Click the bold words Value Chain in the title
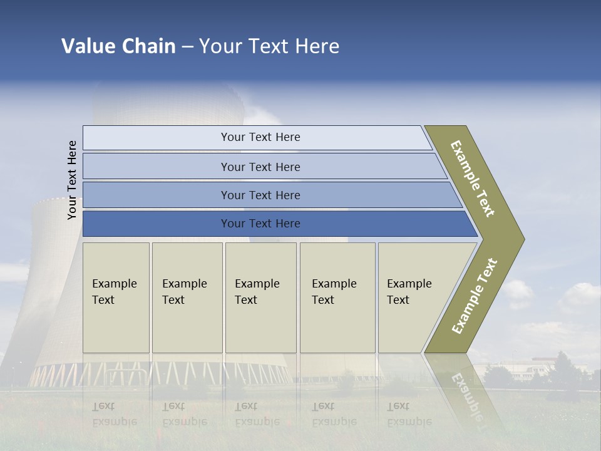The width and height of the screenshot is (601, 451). [x=118, y=46]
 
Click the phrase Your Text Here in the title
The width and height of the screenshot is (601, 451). [x=269, y=46]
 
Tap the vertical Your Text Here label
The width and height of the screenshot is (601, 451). [x=72, y=180]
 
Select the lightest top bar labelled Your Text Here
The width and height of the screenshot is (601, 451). [x=260, y=137]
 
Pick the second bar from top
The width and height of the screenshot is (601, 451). [x=260, y=167]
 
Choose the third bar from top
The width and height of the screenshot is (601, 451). [x=260, y=195]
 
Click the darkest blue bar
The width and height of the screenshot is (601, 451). [x=260, y=224]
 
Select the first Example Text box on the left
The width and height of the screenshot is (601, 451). [x=116, y=298]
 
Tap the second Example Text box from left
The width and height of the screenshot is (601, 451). [x=187, y=298]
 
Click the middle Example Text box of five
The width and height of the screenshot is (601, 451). [x=260, y=298]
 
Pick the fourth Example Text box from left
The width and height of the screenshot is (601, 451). [x=337, y=298]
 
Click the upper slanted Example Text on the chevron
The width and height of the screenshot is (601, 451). [x=473, y=179]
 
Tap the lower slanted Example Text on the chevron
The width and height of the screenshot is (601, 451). [x=474, y=296]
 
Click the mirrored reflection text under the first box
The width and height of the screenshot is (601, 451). [x=115, y=414]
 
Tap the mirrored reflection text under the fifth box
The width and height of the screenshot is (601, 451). [x=409, y=414]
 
